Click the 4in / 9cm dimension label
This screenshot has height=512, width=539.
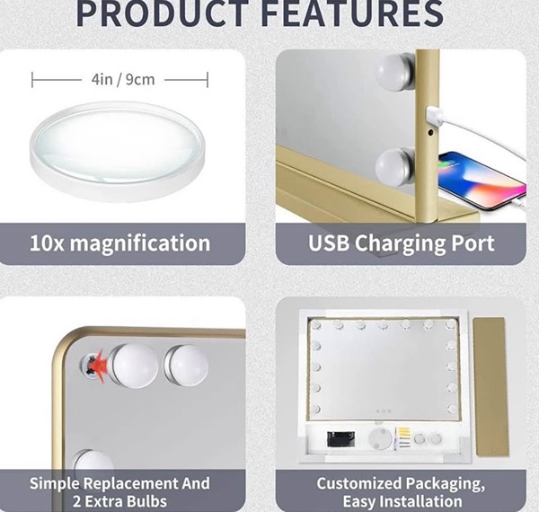pyautogui.click(x=123, y=79)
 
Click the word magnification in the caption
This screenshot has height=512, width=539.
pyautogui.click(x=140, y=243)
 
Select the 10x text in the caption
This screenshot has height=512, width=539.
pyautogui.click(x=47, y=243)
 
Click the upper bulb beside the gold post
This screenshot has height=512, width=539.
pyautogui.click(x=395, y=72)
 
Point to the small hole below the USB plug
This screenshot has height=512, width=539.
pyautogui.click(x=430, y=132)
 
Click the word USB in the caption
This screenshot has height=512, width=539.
pyautogui.click(x=329, y=243)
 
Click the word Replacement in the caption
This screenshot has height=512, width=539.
pyautogui.click(x=131, y=484)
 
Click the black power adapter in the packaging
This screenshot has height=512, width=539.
pyautogui.click(x=340, y=439)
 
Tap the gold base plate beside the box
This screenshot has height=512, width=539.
pyautogui.click(x=490, y=387)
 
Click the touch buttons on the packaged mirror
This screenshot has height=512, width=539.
pyautogui.click(x=384, y=411)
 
